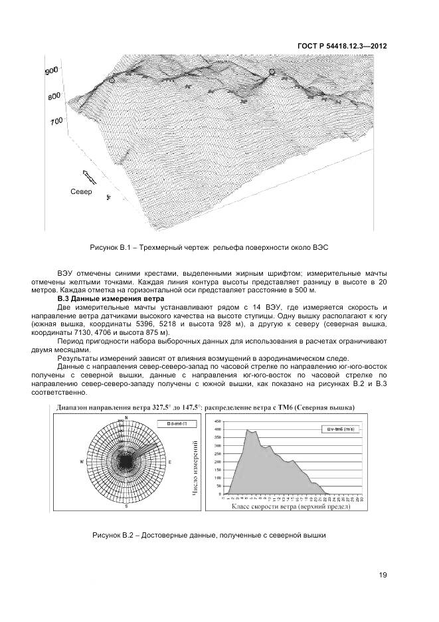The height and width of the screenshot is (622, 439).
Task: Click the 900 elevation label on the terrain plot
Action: click(x=52, y=72)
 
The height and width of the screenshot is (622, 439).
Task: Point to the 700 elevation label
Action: click(x=55, y=120)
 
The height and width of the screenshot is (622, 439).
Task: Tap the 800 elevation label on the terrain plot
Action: click(x=54, y=96)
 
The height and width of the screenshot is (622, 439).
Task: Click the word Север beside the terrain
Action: click(x=81, y=192)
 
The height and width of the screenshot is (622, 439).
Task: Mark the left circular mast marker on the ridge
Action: click(x=112, y=80)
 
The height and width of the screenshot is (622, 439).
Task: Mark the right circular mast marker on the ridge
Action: click(x=271, y=72)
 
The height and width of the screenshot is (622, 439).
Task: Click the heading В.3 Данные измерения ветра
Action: click(x=110, y=300)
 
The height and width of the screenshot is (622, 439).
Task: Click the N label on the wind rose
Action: click(x=126, y=417)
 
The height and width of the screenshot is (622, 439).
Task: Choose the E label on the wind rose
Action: click(x=170, y=461)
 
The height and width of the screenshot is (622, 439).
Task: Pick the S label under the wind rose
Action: click(x=126, y=506)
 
